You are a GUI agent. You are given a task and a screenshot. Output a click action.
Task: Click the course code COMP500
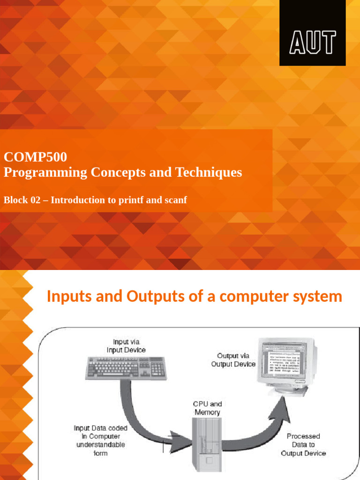click(35, 157)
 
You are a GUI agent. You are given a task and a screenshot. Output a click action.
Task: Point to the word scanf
click(175, 200)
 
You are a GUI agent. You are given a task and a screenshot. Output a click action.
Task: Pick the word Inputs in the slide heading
click(68, 297)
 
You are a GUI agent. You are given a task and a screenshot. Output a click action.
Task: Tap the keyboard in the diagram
click(125, 368)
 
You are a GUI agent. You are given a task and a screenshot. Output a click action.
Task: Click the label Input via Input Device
click(126, 346)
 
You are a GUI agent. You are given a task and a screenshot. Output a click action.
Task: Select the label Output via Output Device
click(233, 360)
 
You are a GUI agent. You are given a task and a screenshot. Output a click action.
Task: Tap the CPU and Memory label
click(207, 408)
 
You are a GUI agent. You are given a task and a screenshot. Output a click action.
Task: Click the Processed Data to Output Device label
click(303, 444)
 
